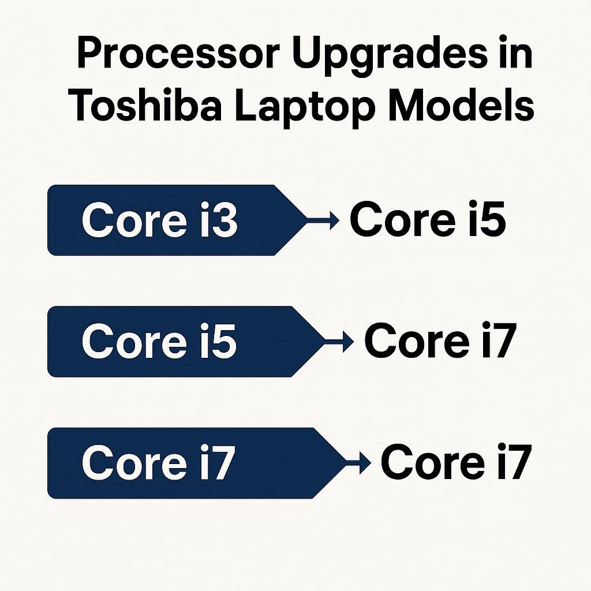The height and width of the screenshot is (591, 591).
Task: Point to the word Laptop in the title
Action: point(305,107)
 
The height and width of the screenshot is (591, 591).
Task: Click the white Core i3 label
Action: point(159,219)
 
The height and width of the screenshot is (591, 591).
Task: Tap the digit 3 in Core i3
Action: point(224,220)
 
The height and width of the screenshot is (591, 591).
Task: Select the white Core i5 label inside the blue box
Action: point(159,341)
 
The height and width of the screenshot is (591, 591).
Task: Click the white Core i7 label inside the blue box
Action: point(158,462)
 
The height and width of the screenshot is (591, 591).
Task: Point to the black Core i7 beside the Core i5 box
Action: point(440,341)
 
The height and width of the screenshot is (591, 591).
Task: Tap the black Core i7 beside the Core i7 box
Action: point(456,462)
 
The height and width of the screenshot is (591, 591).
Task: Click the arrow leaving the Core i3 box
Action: point(323,220)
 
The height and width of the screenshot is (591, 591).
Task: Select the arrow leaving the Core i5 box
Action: point(338,342)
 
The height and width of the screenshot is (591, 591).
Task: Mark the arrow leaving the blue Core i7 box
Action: point(358,463)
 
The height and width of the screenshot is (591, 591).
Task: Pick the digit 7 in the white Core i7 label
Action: point(222,463)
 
